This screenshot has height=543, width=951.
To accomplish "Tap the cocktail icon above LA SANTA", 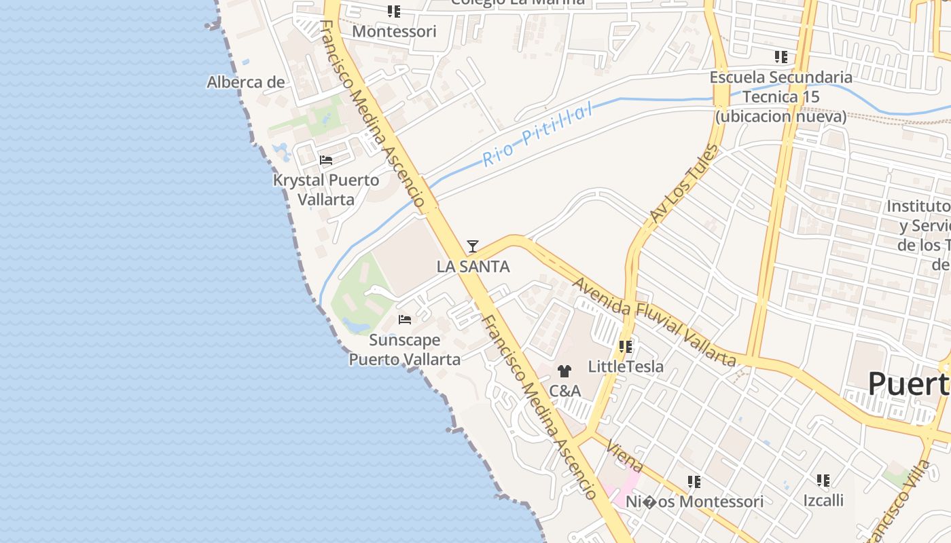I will pos(473,246).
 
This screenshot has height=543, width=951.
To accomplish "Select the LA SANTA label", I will pos(473,267).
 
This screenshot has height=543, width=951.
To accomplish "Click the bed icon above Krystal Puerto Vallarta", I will pos(326,160).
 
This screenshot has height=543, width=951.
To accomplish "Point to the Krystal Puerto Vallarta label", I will pos(326,190).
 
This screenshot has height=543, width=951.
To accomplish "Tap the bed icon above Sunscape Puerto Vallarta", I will pos(405,319).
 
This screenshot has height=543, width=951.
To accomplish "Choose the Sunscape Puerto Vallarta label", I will pos(405,350).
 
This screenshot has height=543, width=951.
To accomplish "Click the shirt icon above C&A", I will pos(564,371).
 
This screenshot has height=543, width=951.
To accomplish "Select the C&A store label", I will pos(564,391).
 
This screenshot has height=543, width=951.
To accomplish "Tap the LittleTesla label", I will pos(626,367).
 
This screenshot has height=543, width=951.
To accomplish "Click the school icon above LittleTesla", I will pos(626,347).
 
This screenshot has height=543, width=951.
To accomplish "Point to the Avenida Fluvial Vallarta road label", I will pos(655,320).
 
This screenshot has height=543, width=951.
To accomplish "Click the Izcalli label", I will pos(823,501).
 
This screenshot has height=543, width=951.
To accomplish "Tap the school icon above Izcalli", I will pos(823,481).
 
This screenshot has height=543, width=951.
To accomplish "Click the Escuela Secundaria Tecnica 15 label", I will pos(780,96).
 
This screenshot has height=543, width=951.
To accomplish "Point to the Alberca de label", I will pos(245,83).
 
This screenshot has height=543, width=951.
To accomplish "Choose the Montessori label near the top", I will pos(394,31).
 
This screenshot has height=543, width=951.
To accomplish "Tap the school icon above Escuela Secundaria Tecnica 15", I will pos(781,57).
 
